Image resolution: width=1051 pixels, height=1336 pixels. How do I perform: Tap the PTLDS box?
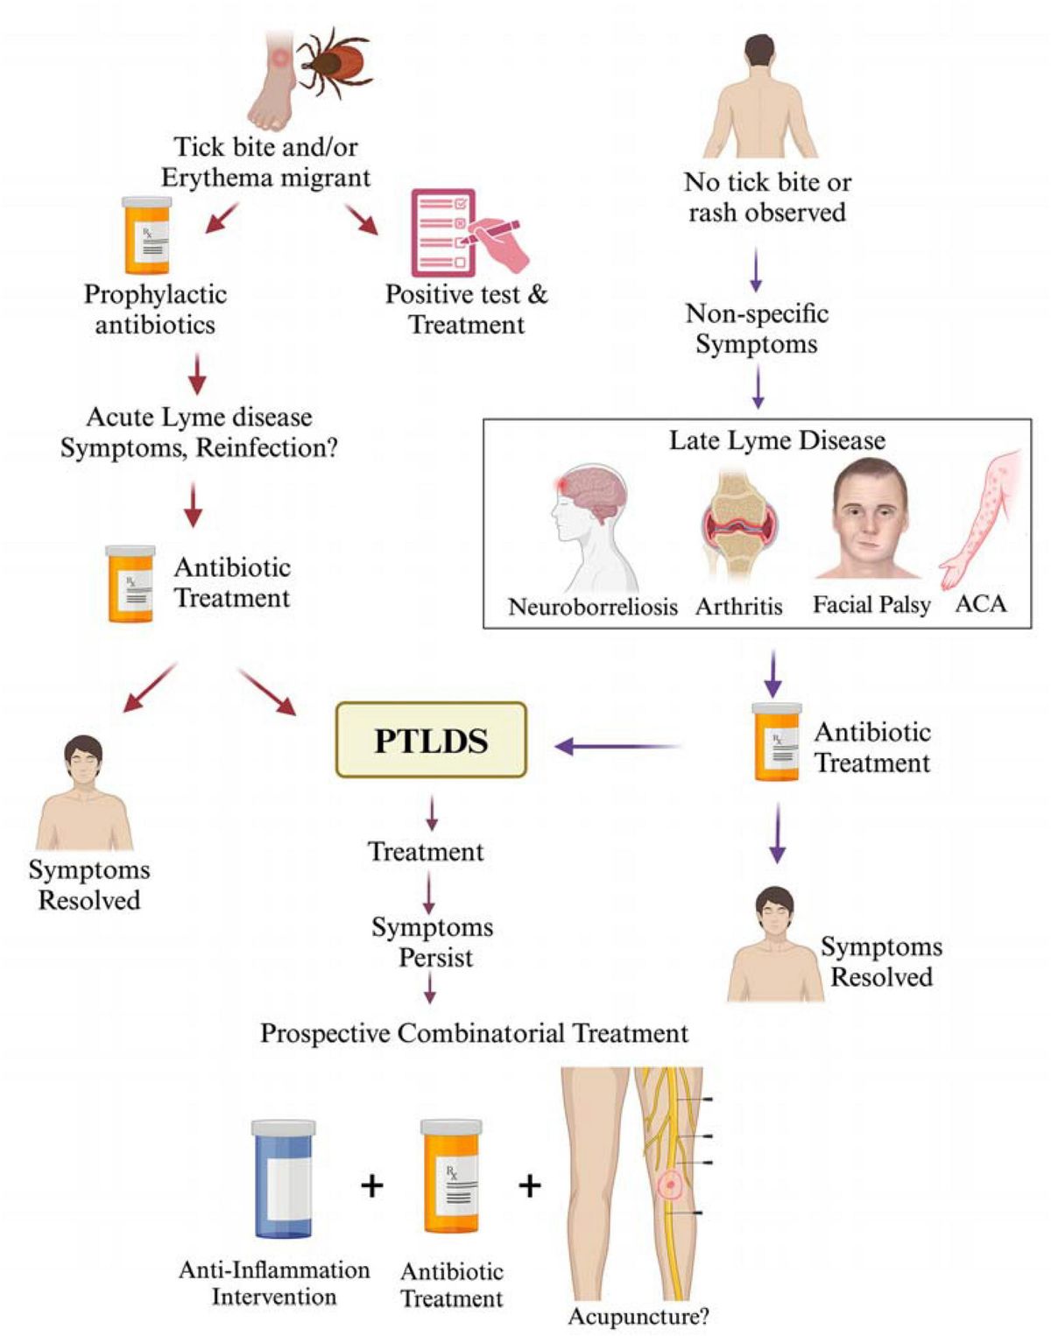431,741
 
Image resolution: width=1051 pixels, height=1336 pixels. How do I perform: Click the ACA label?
981,603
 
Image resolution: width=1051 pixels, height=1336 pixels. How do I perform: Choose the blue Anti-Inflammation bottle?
283,1178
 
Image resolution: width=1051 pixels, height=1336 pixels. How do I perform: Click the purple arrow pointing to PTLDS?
618,747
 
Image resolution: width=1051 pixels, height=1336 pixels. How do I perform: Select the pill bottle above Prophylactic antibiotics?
146,236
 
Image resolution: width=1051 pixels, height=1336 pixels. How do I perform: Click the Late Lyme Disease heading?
777,439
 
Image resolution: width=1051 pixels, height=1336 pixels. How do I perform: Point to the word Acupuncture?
638,1316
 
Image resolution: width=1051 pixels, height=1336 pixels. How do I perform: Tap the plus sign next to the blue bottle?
372,1185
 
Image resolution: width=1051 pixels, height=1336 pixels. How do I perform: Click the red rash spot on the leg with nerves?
671,1185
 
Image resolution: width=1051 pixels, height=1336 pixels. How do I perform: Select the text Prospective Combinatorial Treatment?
474,1033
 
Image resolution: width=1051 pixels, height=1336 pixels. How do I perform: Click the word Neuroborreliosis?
593,606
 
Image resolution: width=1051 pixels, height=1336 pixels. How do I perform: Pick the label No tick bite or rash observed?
767,197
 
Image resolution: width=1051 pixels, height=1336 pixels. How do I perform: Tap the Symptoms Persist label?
433,942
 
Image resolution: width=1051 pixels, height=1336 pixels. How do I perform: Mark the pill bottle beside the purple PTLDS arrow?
776,742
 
